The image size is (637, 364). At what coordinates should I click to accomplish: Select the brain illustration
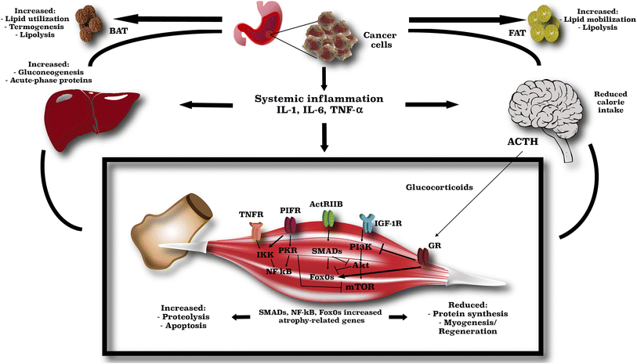click(546, 117)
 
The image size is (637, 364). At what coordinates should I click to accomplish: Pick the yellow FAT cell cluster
click(544, 24)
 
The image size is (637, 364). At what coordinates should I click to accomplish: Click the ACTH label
click(523, 142)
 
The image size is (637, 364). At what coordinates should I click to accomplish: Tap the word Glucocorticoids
click(439, 187)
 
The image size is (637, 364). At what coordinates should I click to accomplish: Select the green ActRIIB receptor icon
click(328, 219)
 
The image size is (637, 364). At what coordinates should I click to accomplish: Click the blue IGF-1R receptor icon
click(368, 224)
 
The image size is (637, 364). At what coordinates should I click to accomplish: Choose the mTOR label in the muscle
click(360, 287)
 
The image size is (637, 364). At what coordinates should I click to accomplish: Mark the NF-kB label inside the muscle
click(279, 272)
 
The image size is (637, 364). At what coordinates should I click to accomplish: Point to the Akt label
click(360, 265)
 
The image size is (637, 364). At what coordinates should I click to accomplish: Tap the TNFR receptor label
click(251, 214)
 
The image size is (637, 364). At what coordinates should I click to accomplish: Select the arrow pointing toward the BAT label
click(168, 19)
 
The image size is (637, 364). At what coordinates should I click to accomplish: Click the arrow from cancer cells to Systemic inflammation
click(324, 78)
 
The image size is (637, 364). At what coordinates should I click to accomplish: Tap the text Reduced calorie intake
click(610, 102)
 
